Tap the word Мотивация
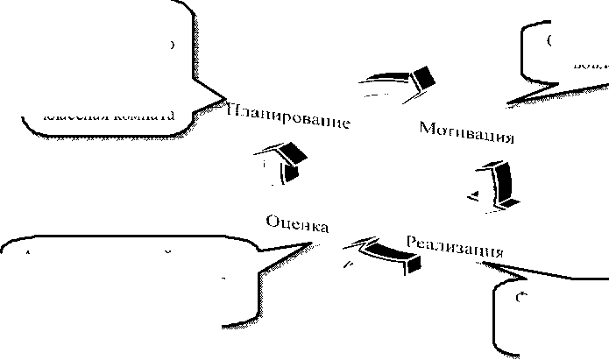tap(465, 133)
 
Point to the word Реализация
tap(455, 245)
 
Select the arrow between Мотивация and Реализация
tap(499, 185)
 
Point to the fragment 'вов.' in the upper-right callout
tap(586, 64)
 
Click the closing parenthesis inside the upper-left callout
tap(172, 45)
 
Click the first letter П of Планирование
tap(232, 108)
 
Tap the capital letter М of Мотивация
tap(428, 128)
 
